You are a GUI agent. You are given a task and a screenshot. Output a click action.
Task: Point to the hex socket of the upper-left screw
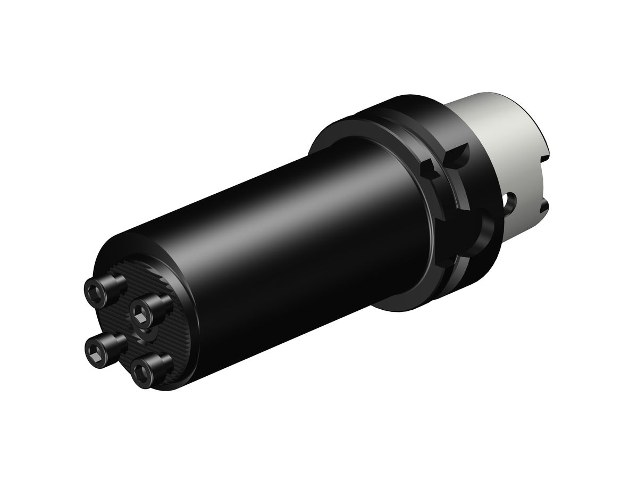pos(95,290)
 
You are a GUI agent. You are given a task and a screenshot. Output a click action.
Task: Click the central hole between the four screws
pos(142,334)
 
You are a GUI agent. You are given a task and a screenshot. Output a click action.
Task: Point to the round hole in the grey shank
pos(511,201)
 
